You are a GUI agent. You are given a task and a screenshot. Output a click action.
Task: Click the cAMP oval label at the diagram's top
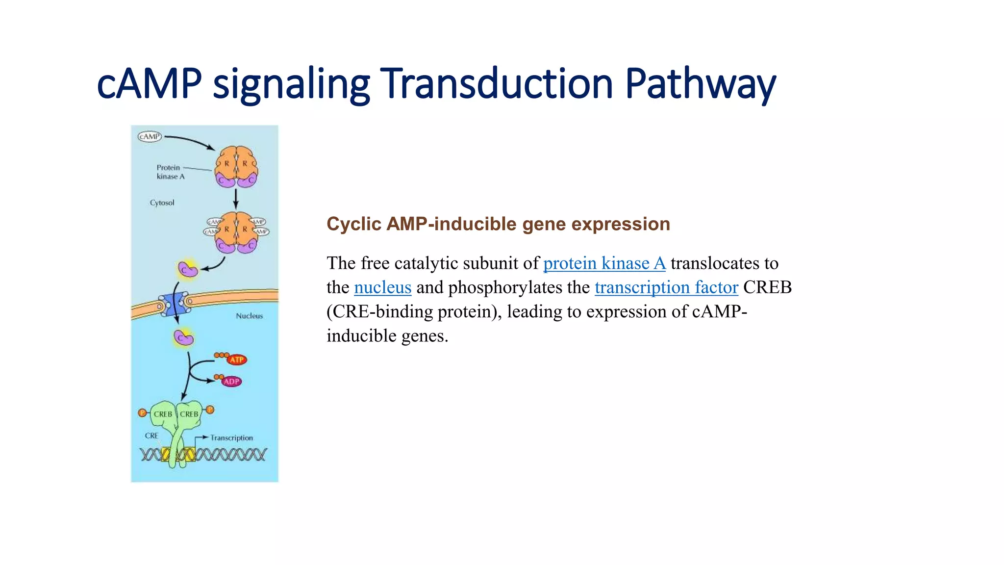tap(150, 136)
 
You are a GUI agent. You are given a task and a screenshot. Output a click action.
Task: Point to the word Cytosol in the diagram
tap(162, 203)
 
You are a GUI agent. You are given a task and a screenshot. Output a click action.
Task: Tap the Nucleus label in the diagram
tap(249, 316)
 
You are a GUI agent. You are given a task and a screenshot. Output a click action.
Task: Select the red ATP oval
tap(237, 360)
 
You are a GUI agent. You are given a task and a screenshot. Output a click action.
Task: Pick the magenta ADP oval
tap(231, 381)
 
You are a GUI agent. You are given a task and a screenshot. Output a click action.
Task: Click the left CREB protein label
tap(163, 414)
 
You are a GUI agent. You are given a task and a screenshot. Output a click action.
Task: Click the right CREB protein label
tap(189, 414)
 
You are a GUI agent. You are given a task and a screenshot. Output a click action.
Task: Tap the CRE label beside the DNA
tap(151, 436)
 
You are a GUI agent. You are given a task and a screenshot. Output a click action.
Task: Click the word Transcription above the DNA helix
tap(231, 437)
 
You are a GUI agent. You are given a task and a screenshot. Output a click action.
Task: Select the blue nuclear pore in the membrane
tap(174, 304)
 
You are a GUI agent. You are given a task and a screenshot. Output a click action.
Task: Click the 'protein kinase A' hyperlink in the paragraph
tap(604, 263)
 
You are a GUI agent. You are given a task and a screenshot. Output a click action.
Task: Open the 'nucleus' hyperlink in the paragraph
tap(382, 287)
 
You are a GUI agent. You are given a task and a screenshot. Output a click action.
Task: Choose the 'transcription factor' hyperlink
tap(666, 287)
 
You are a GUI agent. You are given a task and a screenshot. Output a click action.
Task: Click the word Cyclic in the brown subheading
tap(353, 224)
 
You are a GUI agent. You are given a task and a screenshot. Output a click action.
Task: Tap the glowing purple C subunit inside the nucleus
tap(184, 338)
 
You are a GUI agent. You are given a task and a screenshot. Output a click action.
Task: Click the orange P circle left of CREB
tap(142, 412)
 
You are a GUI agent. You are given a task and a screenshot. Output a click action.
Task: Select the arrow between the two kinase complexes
tap(236, 199)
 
